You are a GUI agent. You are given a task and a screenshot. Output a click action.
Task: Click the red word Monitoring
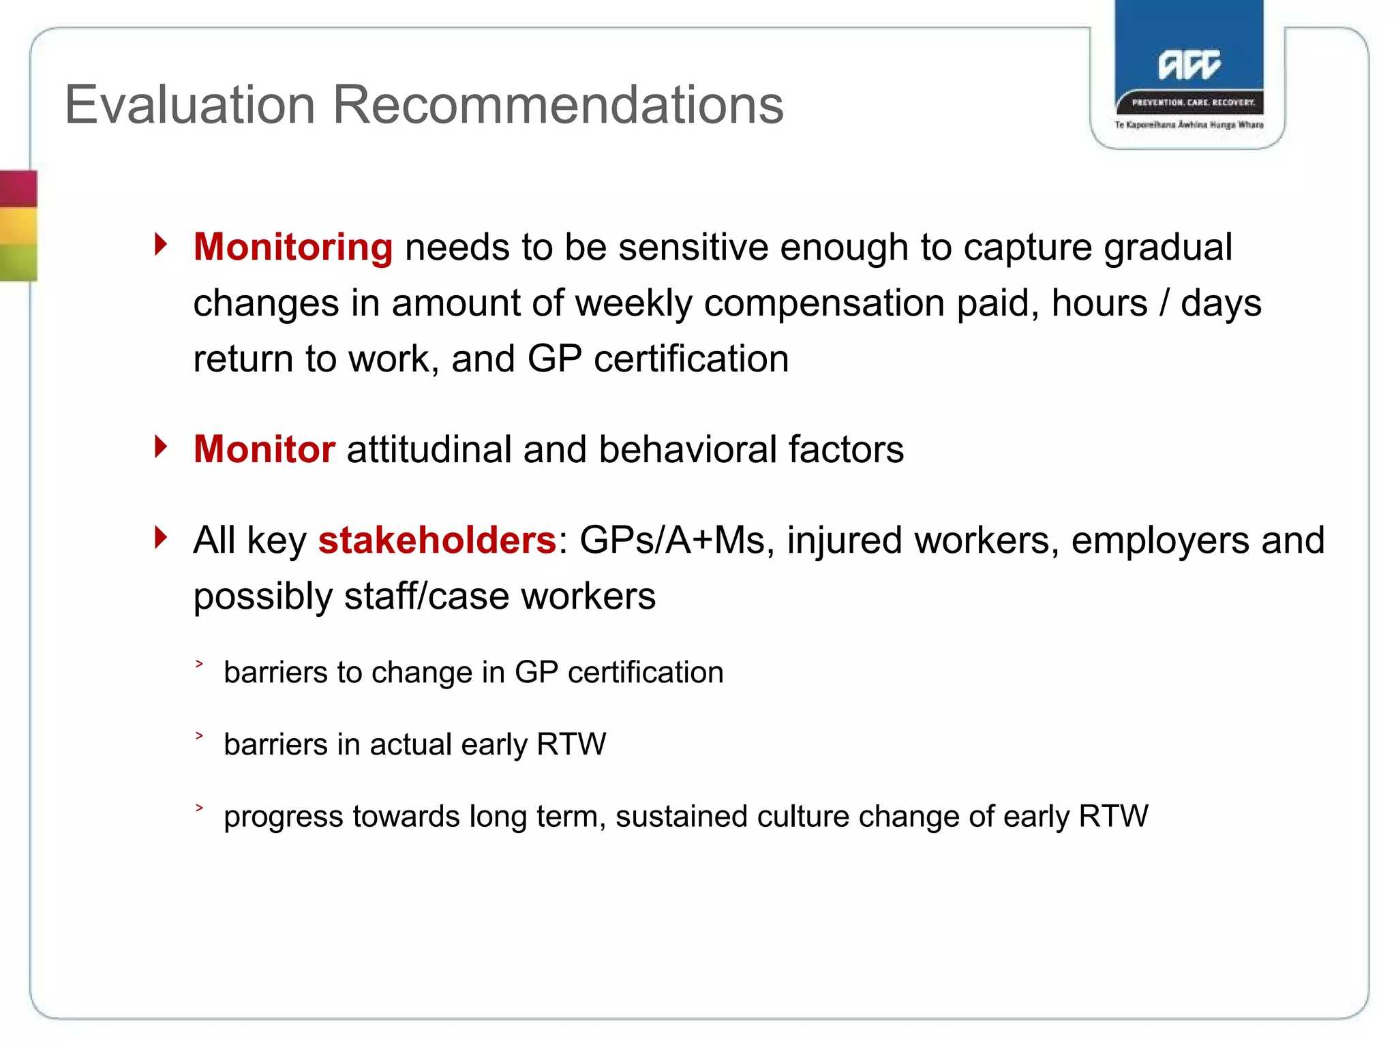click(x=293, y=247)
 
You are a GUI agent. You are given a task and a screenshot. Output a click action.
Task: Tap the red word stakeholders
click(x=437, y=541)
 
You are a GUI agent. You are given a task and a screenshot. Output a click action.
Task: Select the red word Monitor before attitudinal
click(x=264, y=450)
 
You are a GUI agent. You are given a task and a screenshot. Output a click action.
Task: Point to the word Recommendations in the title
click(x=558, y=105)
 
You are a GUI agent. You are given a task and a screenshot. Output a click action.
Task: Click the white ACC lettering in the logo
click(x=1189, y=65)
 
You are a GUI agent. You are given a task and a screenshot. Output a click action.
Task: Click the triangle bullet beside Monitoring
click(x=161, y=243)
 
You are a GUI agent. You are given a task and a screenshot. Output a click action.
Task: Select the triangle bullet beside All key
click(x=161, y=537)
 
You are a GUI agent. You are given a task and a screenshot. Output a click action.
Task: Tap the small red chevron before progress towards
click(x=199, y=808)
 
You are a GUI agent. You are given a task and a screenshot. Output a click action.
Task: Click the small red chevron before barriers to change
click(x=199, y=663)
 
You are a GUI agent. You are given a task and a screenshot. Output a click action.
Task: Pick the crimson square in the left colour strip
click(x=18, y=189)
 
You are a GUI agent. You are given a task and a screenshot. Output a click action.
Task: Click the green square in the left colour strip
click(x=18, y=262)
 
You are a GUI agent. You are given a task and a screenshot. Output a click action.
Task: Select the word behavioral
click(x=688, y=450)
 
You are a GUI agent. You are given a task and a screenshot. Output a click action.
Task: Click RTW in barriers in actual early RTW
click(x=571, y=744)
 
